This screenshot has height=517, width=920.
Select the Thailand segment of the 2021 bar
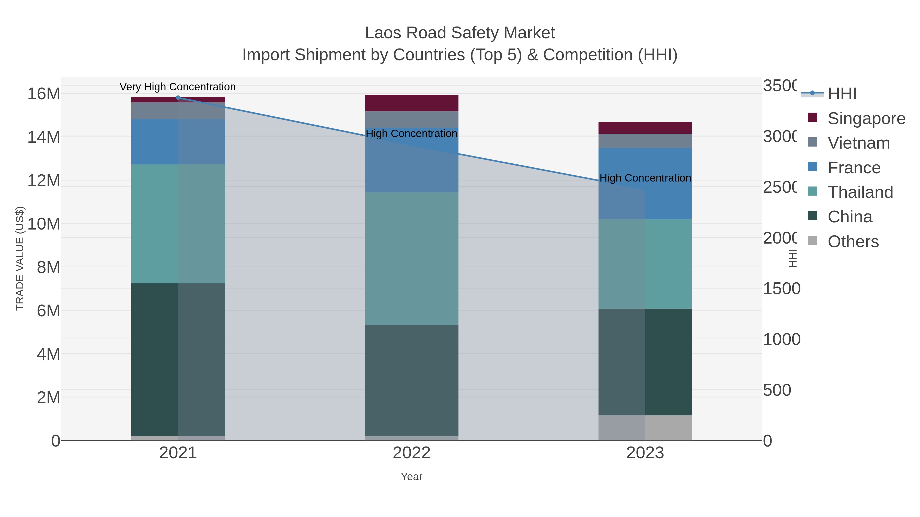pyautogui.click(x=178, y=224)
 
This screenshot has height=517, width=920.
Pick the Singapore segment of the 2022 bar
pyautogui.click(x=411, y=103)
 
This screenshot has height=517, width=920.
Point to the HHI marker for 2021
pyautogui.click(x=178, y=98)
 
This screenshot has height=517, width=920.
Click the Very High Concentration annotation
pyautogui.click(x=178, y=87)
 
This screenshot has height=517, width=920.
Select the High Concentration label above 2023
pyautogui.click(x=645, y=178)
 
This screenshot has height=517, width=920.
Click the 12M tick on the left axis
pyautogui.click(x=43, y=181)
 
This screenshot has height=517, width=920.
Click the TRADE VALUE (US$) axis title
pyautogui.click(x=20, y=258)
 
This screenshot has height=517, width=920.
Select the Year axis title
pyautogui.click(x=411, y=477)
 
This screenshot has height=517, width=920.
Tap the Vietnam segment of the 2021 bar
pyautogui.click(x=178, y=111)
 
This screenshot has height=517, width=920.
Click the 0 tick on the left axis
pyautogui.click(x=55, y=441)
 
